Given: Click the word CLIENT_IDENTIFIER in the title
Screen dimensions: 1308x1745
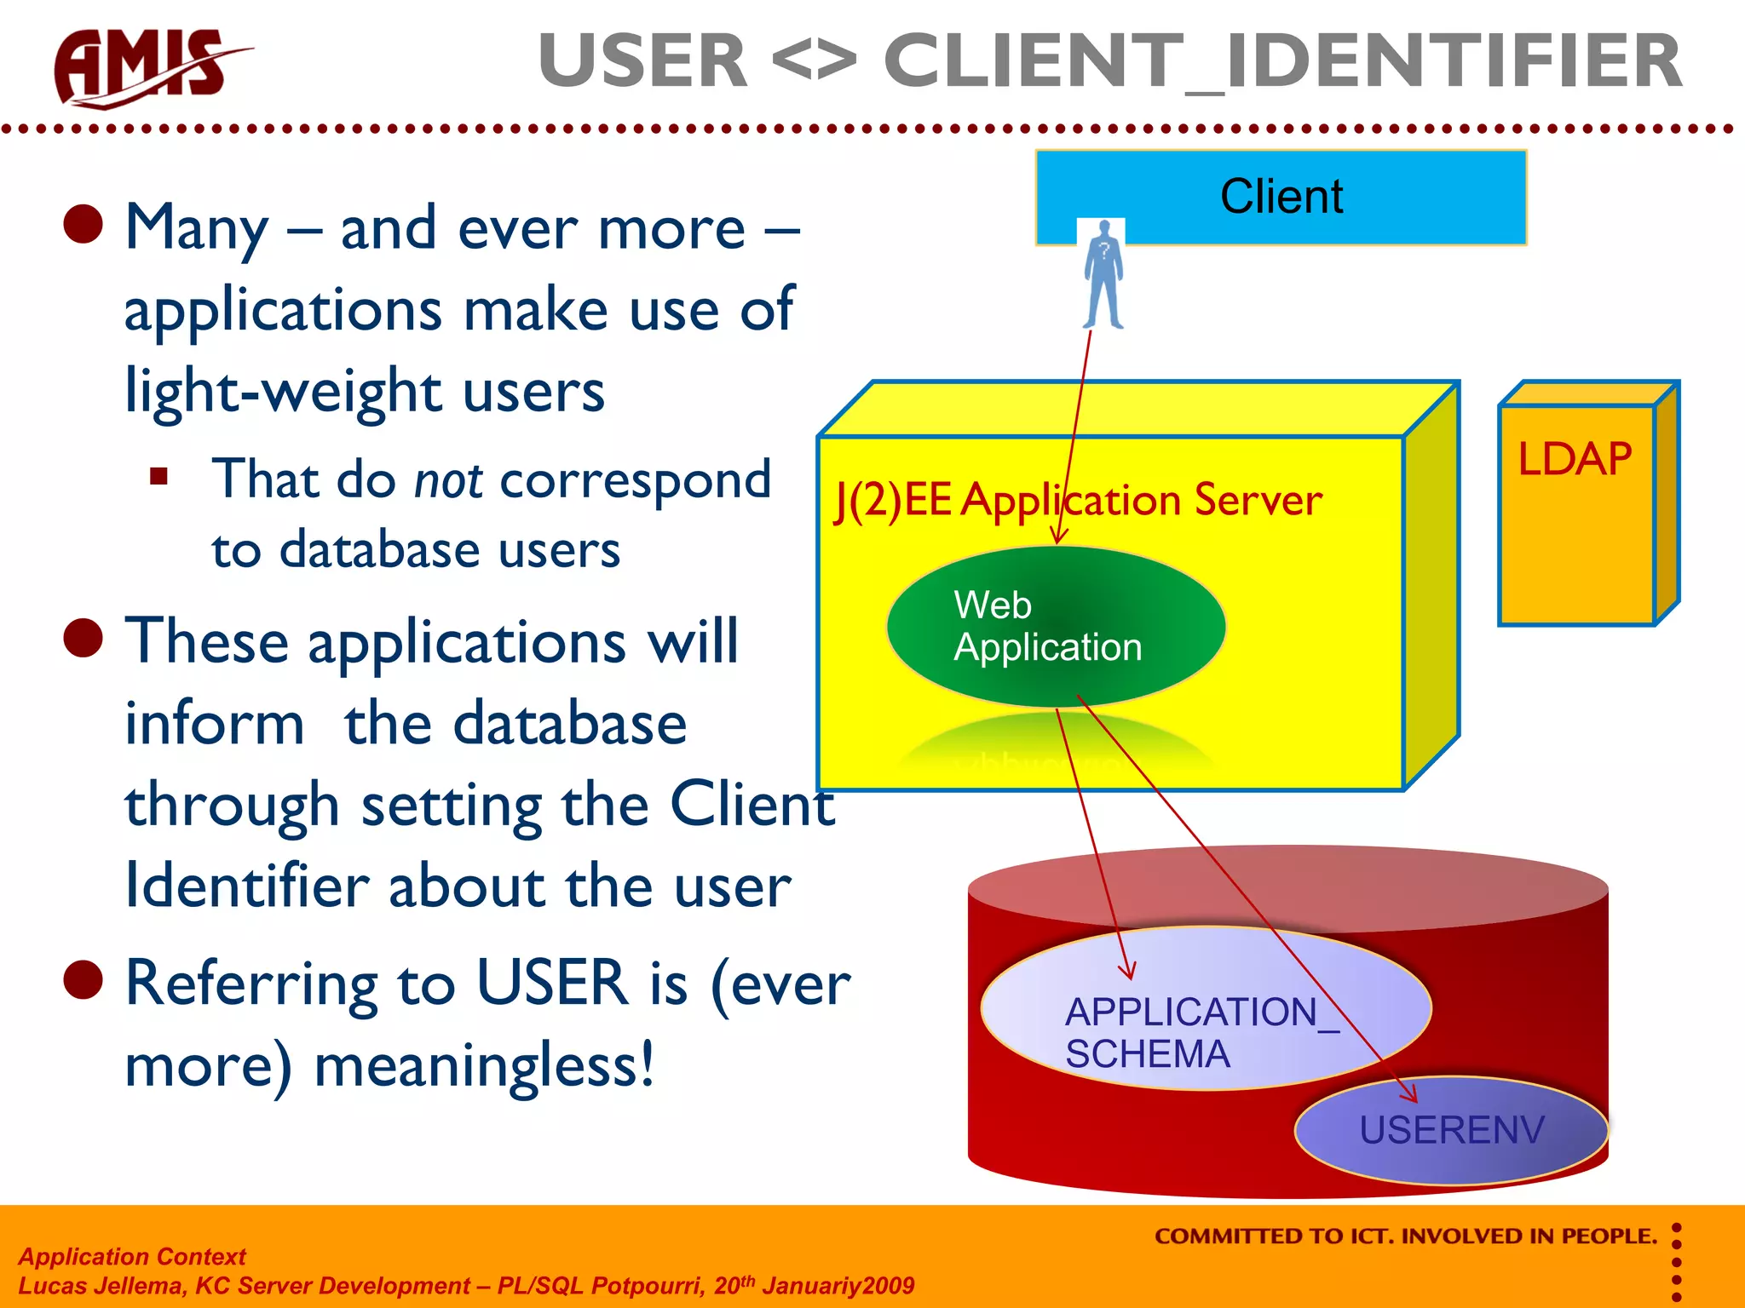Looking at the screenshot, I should point(1282,61).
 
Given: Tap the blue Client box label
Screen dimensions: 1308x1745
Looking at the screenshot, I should point(1281,197).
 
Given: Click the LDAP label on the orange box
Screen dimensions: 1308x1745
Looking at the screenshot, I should point(1574,460).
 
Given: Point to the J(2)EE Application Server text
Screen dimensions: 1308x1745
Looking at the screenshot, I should point(1078,500).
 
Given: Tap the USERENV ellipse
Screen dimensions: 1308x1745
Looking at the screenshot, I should point(1451,1130).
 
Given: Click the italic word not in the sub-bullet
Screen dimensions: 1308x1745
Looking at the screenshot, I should point(448,480).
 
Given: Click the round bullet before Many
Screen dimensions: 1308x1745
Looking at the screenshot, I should point(84,225).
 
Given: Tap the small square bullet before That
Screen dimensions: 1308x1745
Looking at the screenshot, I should point(158,476).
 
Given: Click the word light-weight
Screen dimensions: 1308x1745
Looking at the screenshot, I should point(281,393).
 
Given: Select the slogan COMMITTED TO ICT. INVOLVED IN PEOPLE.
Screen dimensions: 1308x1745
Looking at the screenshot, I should point(1405,1236).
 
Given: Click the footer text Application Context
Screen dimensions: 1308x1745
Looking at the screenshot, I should point(132,1256).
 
